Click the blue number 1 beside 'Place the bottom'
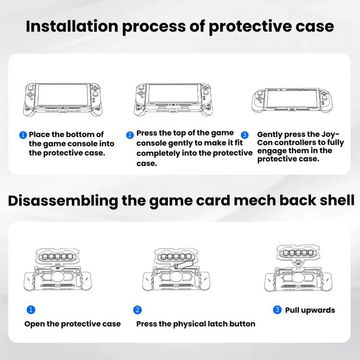(x=23, y=135)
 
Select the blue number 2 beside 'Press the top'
(x=130, y=135)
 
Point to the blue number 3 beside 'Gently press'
(x=245, y=135)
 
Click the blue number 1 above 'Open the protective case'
(x=30, y=310)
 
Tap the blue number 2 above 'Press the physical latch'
(x=138, y=310)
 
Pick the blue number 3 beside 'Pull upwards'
(x=277, y=310)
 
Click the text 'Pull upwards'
(x=310, y=310)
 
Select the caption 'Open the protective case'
(x=72, y=324)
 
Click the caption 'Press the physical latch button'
(x=195, y=324)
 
